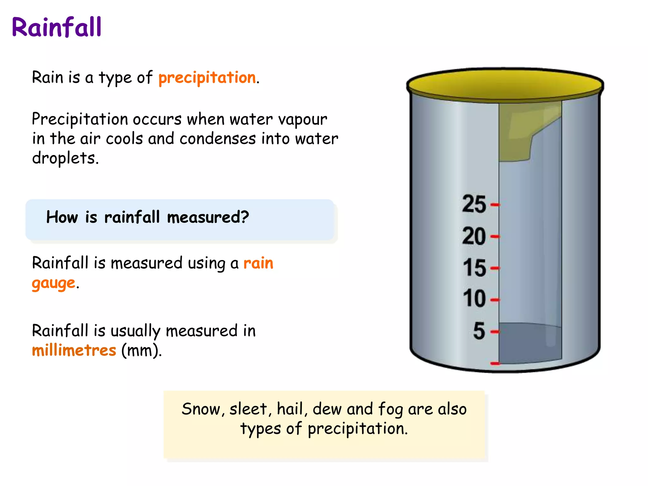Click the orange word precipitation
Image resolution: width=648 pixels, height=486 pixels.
(207, 78)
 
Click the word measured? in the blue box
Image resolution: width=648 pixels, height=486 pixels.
(208, 217)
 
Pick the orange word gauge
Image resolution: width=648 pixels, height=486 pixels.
(53, 283)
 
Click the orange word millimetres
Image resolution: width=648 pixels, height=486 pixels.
(74, 351)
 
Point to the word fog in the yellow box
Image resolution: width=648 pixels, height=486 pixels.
(390, 410)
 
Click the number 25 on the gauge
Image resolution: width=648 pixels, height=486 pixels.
(474, 204)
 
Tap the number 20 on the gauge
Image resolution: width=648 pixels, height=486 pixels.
(474, 236)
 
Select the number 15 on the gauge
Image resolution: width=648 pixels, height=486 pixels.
(474, 268)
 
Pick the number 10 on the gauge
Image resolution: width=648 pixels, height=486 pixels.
(474, 298)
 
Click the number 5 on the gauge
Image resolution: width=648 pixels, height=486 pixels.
(479, 331)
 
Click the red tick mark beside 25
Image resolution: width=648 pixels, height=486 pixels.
(495, 205)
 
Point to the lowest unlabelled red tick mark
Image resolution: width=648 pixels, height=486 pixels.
(495, 364)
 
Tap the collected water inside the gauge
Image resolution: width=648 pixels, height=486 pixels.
(530, 343)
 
